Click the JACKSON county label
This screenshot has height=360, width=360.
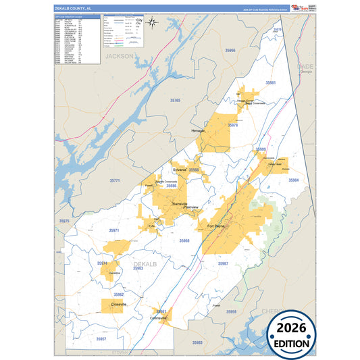click(x=120, y=57)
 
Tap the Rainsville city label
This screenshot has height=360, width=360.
click(x=175, y=204)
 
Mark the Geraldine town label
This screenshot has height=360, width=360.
click(x=113, y=273)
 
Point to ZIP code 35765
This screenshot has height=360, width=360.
click(x=175, y=101)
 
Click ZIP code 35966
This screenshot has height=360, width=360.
click(x=230, y=70)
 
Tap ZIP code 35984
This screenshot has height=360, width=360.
click(x=293, y=180)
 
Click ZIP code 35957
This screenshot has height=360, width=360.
click(x=101, y=338)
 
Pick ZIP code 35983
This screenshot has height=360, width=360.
click(x=197, y=343)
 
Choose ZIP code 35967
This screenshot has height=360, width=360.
click(x=223, y=263)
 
